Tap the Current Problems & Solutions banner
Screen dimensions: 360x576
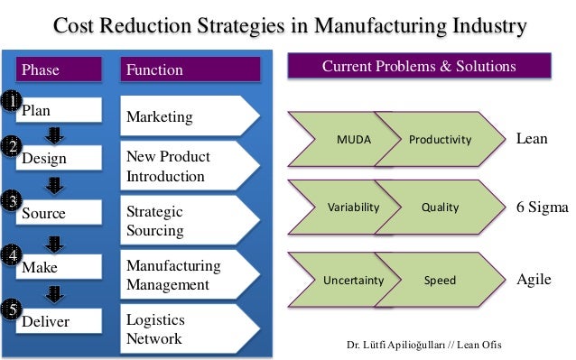pyautogui.click(x=419, y=68)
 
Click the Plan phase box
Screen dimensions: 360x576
pyautogui.click(x=57, y=111)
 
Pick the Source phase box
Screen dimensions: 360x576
pyautogui.click(x=57, y=214)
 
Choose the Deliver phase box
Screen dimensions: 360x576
pyautogui.click(x=57, y=320)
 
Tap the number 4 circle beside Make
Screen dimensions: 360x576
pyautogui.click(x=11, y=255)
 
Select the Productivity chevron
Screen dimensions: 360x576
pyautogui.click(x=441, y=140)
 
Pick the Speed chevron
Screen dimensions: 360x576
pyautogui.click(x=441, y=281)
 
